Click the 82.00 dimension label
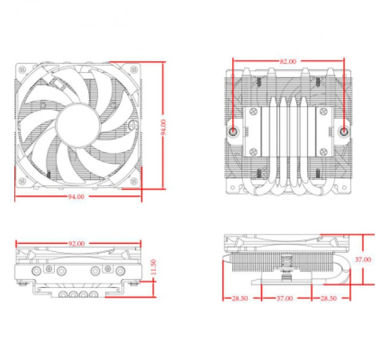point(288,61)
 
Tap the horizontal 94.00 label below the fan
point(76,197)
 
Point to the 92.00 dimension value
point(76,244)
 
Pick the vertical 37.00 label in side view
point(362,259)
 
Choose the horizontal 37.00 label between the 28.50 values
point(285,298)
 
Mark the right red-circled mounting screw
point(344,130)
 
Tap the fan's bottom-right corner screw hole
point(134,182)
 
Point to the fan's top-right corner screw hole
point(134,69)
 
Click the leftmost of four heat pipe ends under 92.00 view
point(62,295)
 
